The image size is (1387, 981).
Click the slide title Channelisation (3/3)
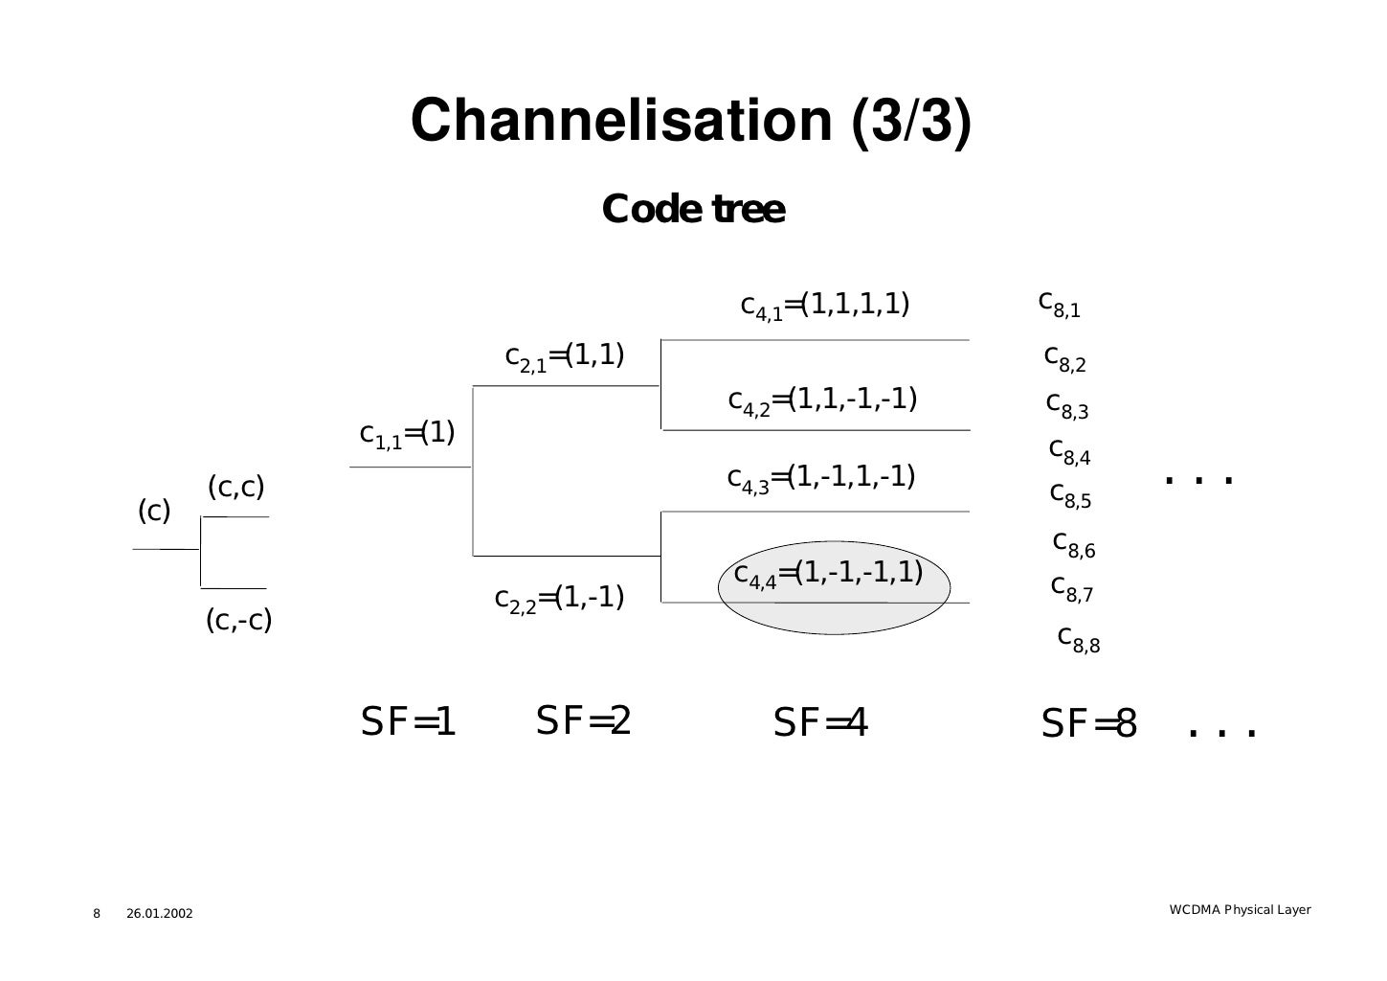(x=690, y=121)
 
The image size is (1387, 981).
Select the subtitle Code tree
(x=693, y=209)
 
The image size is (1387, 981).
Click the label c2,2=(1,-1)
(x=559, y=599)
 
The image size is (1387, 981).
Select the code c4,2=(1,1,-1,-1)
(x=822, y=399)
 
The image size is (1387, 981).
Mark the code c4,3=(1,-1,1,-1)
(x=821, y=477)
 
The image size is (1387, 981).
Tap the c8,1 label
(x=1059, y=304)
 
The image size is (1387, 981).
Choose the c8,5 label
(x=1070, y=495)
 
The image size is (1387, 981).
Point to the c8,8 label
(x=1079, y=639)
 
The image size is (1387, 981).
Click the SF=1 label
(x=408, y=723)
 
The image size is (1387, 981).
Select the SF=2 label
(x=583, y=721)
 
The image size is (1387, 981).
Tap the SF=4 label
(x=819, y=724)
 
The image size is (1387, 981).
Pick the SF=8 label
(x=1088, y=725)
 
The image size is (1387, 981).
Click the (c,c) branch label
(x=235, y=488)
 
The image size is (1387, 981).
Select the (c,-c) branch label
(x=239, y=621)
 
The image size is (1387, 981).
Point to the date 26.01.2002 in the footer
(x=159, y=914)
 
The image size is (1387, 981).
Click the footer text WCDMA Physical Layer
(x=1240, y=909)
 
